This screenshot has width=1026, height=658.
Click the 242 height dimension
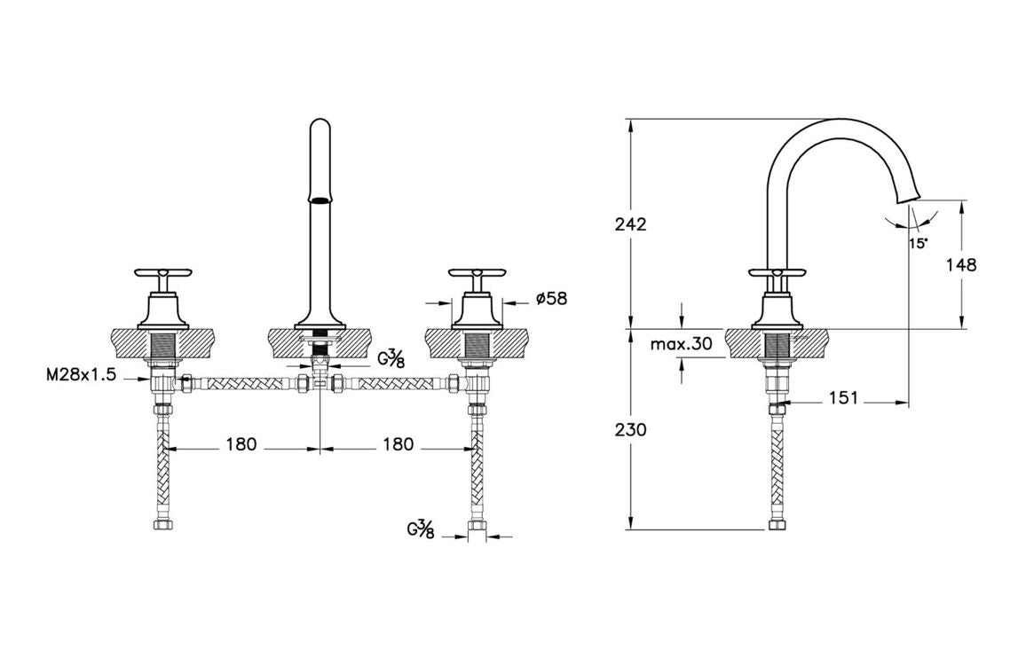[631, 223]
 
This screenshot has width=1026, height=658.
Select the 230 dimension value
[631, 430]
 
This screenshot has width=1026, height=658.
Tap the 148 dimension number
[961, 265]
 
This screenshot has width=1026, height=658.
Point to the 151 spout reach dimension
[843, 397]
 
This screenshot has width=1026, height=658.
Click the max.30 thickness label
[681, 343]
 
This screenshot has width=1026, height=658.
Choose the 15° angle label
[918, 243]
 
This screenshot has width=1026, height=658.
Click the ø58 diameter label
[551, 299]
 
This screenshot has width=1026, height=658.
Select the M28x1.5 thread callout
[81, 375]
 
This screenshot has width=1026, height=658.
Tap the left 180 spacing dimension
[241, 445]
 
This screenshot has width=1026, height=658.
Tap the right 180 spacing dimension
[399, 445]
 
